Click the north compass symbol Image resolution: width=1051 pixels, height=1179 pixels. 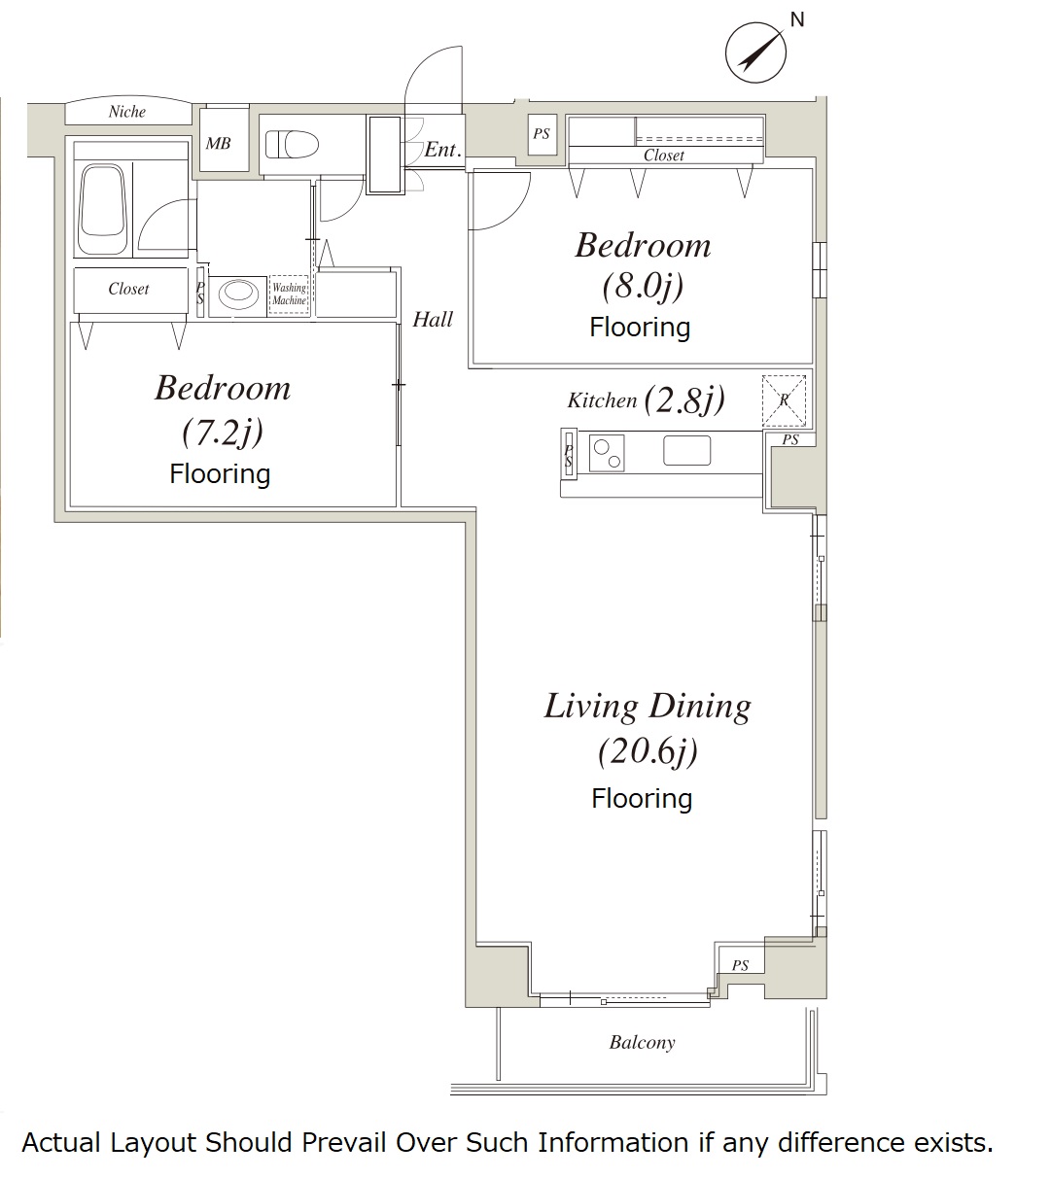tap(755, 52)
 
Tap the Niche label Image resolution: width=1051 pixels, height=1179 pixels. tap(127, 111)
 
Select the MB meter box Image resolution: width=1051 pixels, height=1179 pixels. tap(225, 140)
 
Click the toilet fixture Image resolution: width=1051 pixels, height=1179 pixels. tap(292, 144)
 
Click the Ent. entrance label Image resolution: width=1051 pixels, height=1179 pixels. tap(442, 150)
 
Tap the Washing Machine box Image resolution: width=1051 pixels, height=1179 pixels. tap(290, 295)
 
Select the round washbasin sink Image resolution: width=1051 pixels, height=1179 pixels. tap(238, 293)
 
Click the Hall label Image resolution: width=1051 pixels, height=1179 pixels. tap(433, 320)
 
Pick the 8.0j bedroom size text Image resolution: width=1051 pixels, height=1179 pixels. tap(643, 286)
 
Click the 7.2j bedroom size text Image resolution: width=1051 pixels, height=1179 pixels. tap(223, 432)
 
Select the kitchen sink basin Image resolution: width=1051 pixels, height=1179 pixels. tap(687, 450)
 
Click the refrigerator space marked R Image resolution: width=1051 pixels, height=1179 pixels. tap(784, 400)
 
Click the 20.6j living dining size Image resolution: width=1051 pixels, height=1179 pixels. tap(648, 751)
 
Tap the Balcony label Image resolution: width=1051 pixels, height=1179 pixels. tap(643, 1042)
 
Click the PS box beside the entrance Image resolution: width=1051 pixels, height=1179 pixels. tap(542, 134)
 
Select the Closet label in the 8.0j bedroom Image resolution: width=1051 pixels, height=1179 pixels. tap(664, 156)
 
